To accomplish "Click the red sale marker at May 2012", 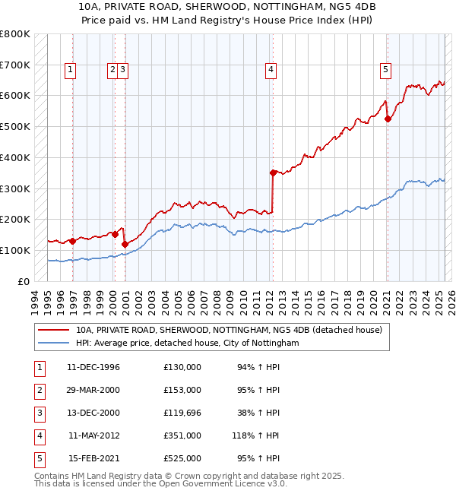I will (273, 173).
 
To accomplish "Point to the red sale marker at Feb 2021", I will (387, 119).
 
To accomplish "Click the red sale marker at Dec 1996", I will (73, 241).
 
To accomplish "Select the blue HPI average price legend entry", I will (187, 344).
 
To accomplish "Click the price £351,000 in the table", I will (182, 436).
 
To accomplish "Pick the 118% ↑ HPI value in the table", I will (256, 436).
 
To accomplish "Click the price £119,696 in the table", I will (182, 413).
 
